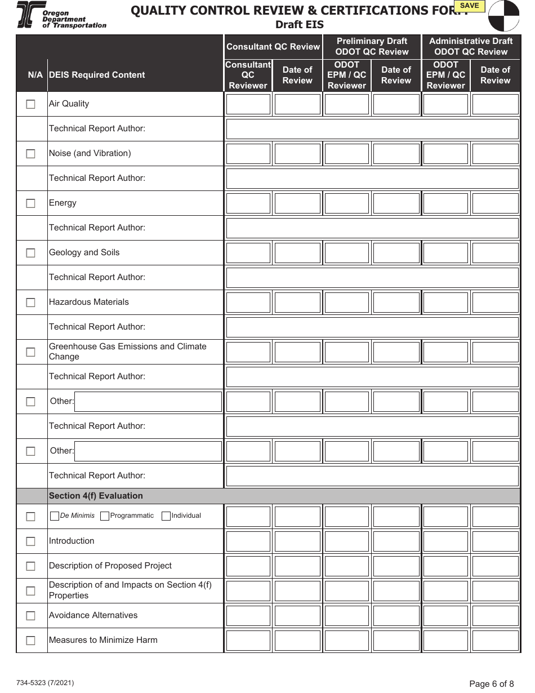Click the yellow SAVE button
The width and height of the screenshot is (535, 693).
tap(469, 6)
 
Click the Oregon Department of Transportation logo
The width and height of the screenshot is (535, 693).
tap(61, 15)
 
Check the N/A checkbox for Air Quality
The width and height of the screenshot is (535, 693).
tap(30, 104)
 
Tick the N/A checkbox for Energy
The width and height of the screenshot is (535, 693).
tap(30, 203)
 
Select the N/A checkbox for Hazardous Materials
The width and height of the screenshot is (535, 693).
tap(30, 303)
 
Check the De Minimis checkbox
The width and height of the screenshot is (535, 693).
tap(54, 516)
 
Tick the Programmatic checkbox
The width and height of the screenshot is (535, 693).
tap(104, 516)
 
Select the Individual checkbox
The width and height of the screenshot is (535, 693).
tap(166, 516)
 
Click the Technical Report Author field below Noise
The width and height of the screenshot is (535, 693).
tap(372, 179)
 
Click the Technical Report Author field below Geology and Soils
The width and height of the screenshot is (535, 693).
tap(372, 278)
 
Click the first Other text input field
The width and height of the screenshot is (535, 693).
tap(148, 402)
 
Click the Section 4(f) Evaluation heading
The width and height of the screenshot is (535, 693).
tap(96, 496)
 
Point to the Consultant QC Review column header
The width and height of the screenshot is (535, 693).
tap(273, 47)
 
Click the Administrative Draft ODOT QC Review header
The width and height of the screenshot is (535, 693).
tap(471, 46)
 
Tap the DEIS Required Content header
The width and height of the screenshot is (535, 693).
tap(97, 75)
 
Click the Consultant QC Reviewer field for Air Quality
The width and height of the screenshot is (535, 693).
tap(248, 104)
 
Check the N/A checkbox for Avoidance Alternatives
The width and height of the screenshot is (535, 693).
tap(30, 616)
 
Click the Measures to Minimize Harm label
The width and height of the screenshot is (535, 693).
tap(103, 640)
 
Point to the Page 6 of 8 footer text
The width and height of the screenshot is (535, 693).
tap(491, 684)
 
